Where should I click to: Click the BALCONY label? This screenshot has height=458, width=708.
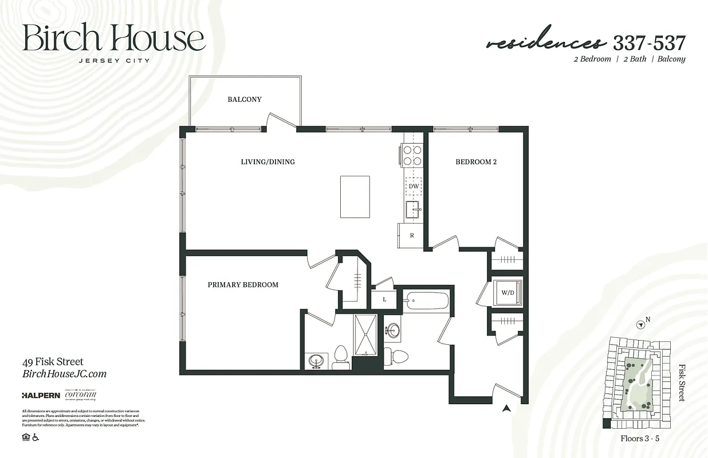[245, 100]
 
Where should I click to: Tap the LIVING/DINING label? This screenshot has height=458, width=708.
[268, 162]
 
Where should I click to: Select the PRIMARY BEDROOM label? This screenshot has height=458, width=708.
[243, 285]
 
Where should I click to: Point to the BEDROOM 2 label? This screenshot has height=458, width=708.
[476, 162]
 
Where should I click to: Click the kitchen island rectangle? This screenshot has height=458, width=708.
[355, 196]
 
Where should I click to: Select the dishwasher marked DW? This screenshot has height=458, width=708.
[414, 186]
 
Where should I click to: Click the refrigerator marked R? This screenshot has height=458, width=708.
[411, 235]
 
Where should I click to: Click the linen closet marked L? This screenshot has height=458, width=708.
[384, 299]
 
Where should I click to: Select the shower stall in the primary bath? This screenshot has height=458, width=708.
[365, 335]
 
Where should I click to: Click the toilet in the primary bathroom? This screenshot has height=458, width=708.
[341, 356]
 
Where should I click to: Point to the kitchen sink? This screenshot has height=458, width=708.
[413, 210]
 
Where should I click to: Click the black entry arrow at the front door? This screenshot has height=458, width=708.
[506, 408]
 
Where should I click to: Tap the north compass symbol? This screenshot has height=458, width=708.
[641, 325]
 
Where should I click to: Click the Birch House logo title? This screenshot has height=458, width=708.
[113, 39]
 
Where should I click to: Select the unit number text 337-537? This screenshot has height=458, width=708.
[649, 43]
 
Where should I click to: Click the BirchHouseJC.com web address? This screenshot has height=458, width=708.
[64, 374]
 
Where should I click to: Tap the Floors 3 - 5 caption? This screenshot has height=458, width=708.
[640, 439]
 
